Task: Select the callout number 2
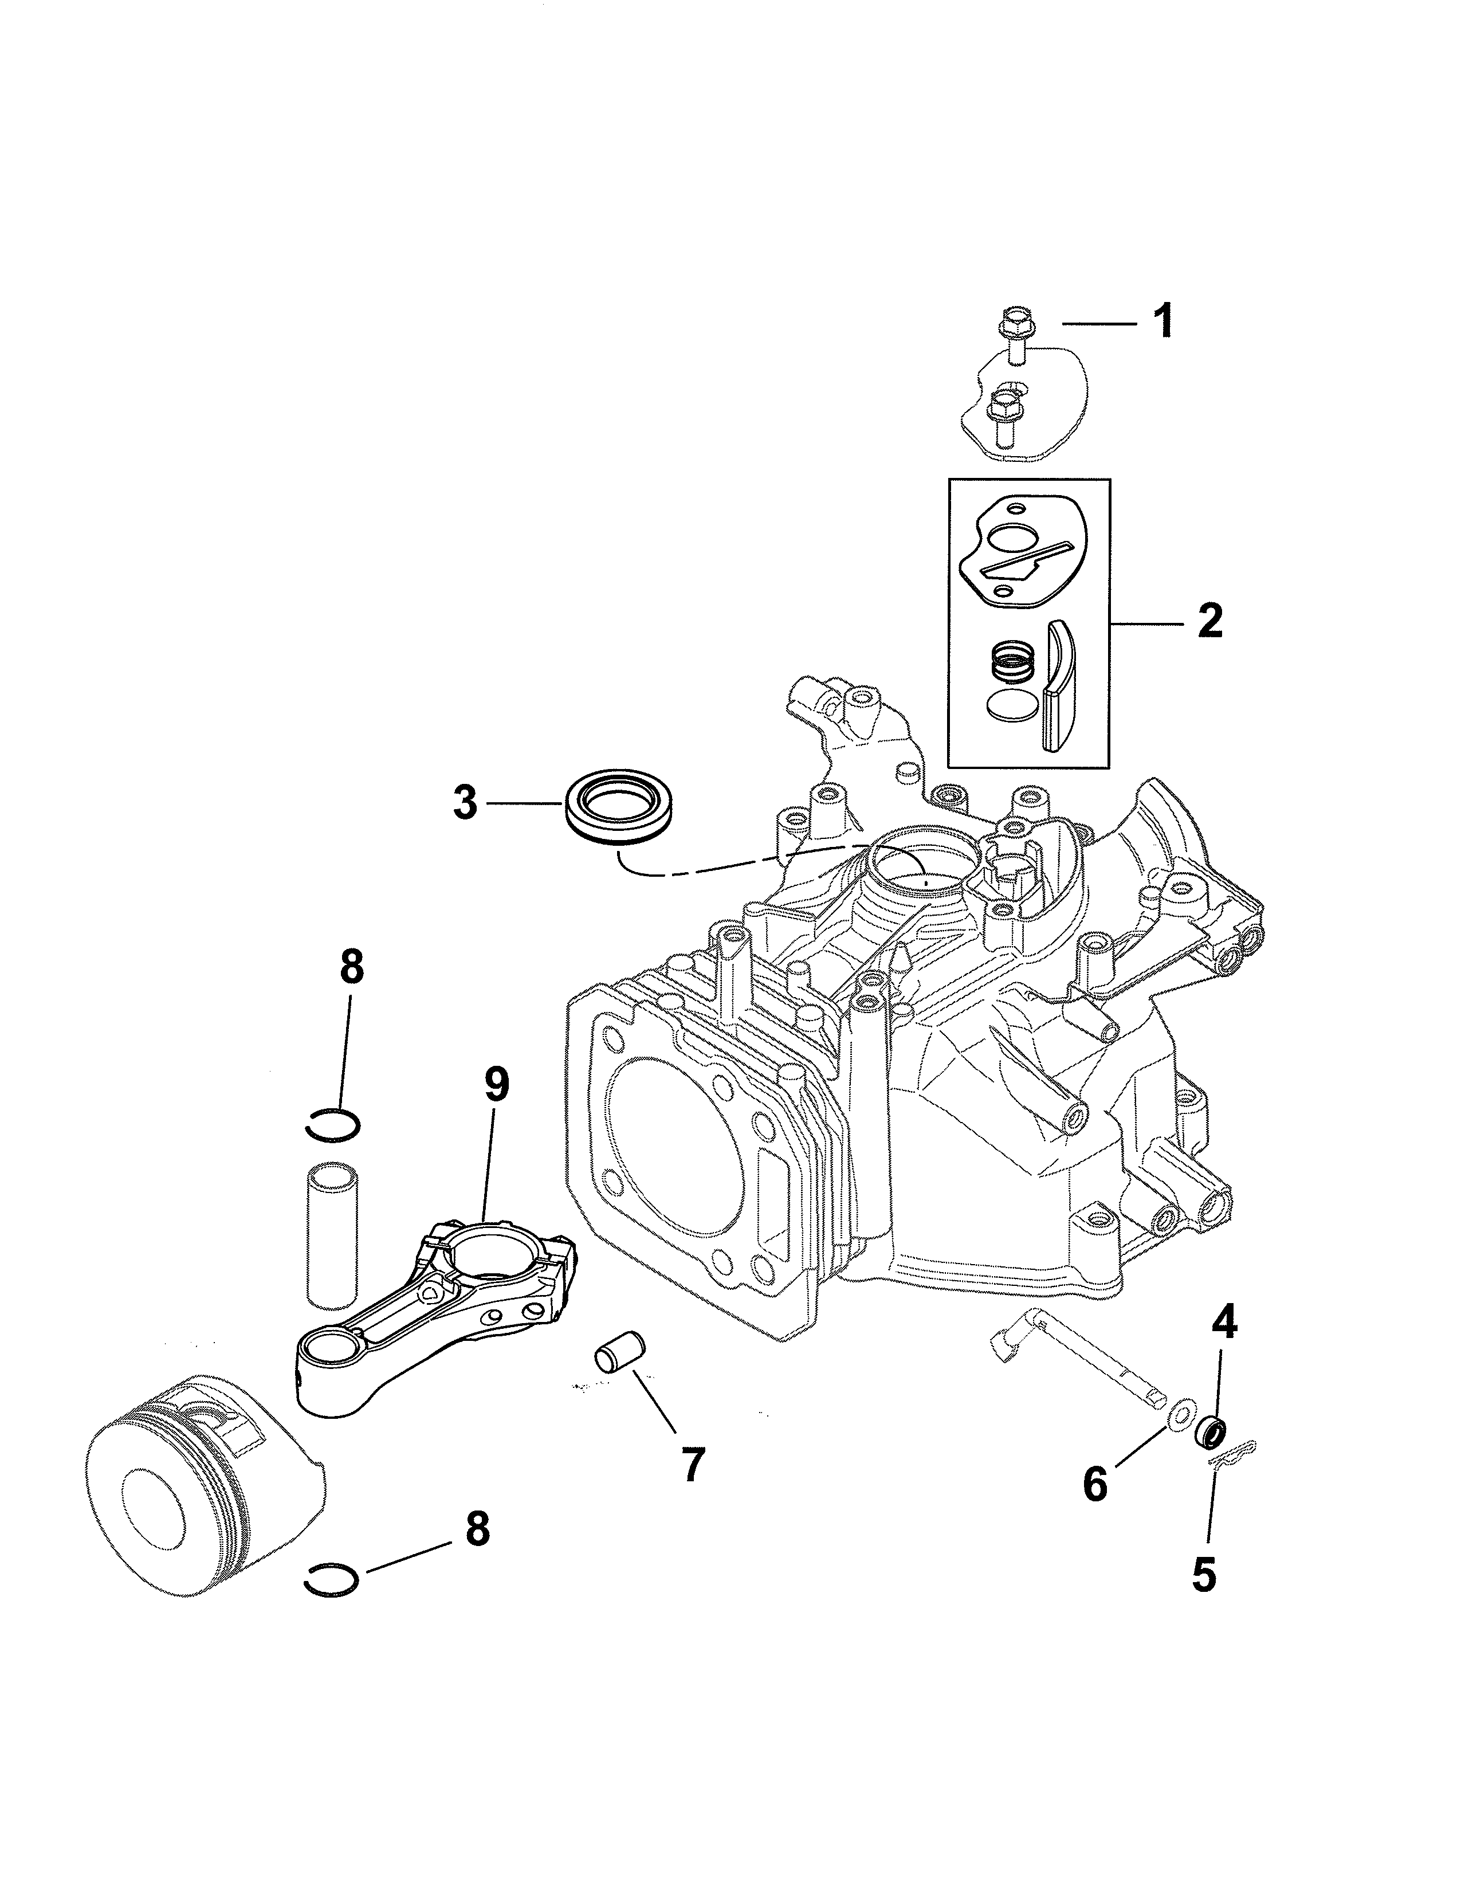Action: click(1209, 622)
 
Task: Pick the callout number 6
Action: click(1095, 1484)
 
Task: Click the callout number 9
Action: click(496, 1082)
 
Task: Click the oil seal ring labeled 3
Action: click(622, 805)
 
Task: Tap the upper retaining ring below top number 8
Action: click(333, 1125)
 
